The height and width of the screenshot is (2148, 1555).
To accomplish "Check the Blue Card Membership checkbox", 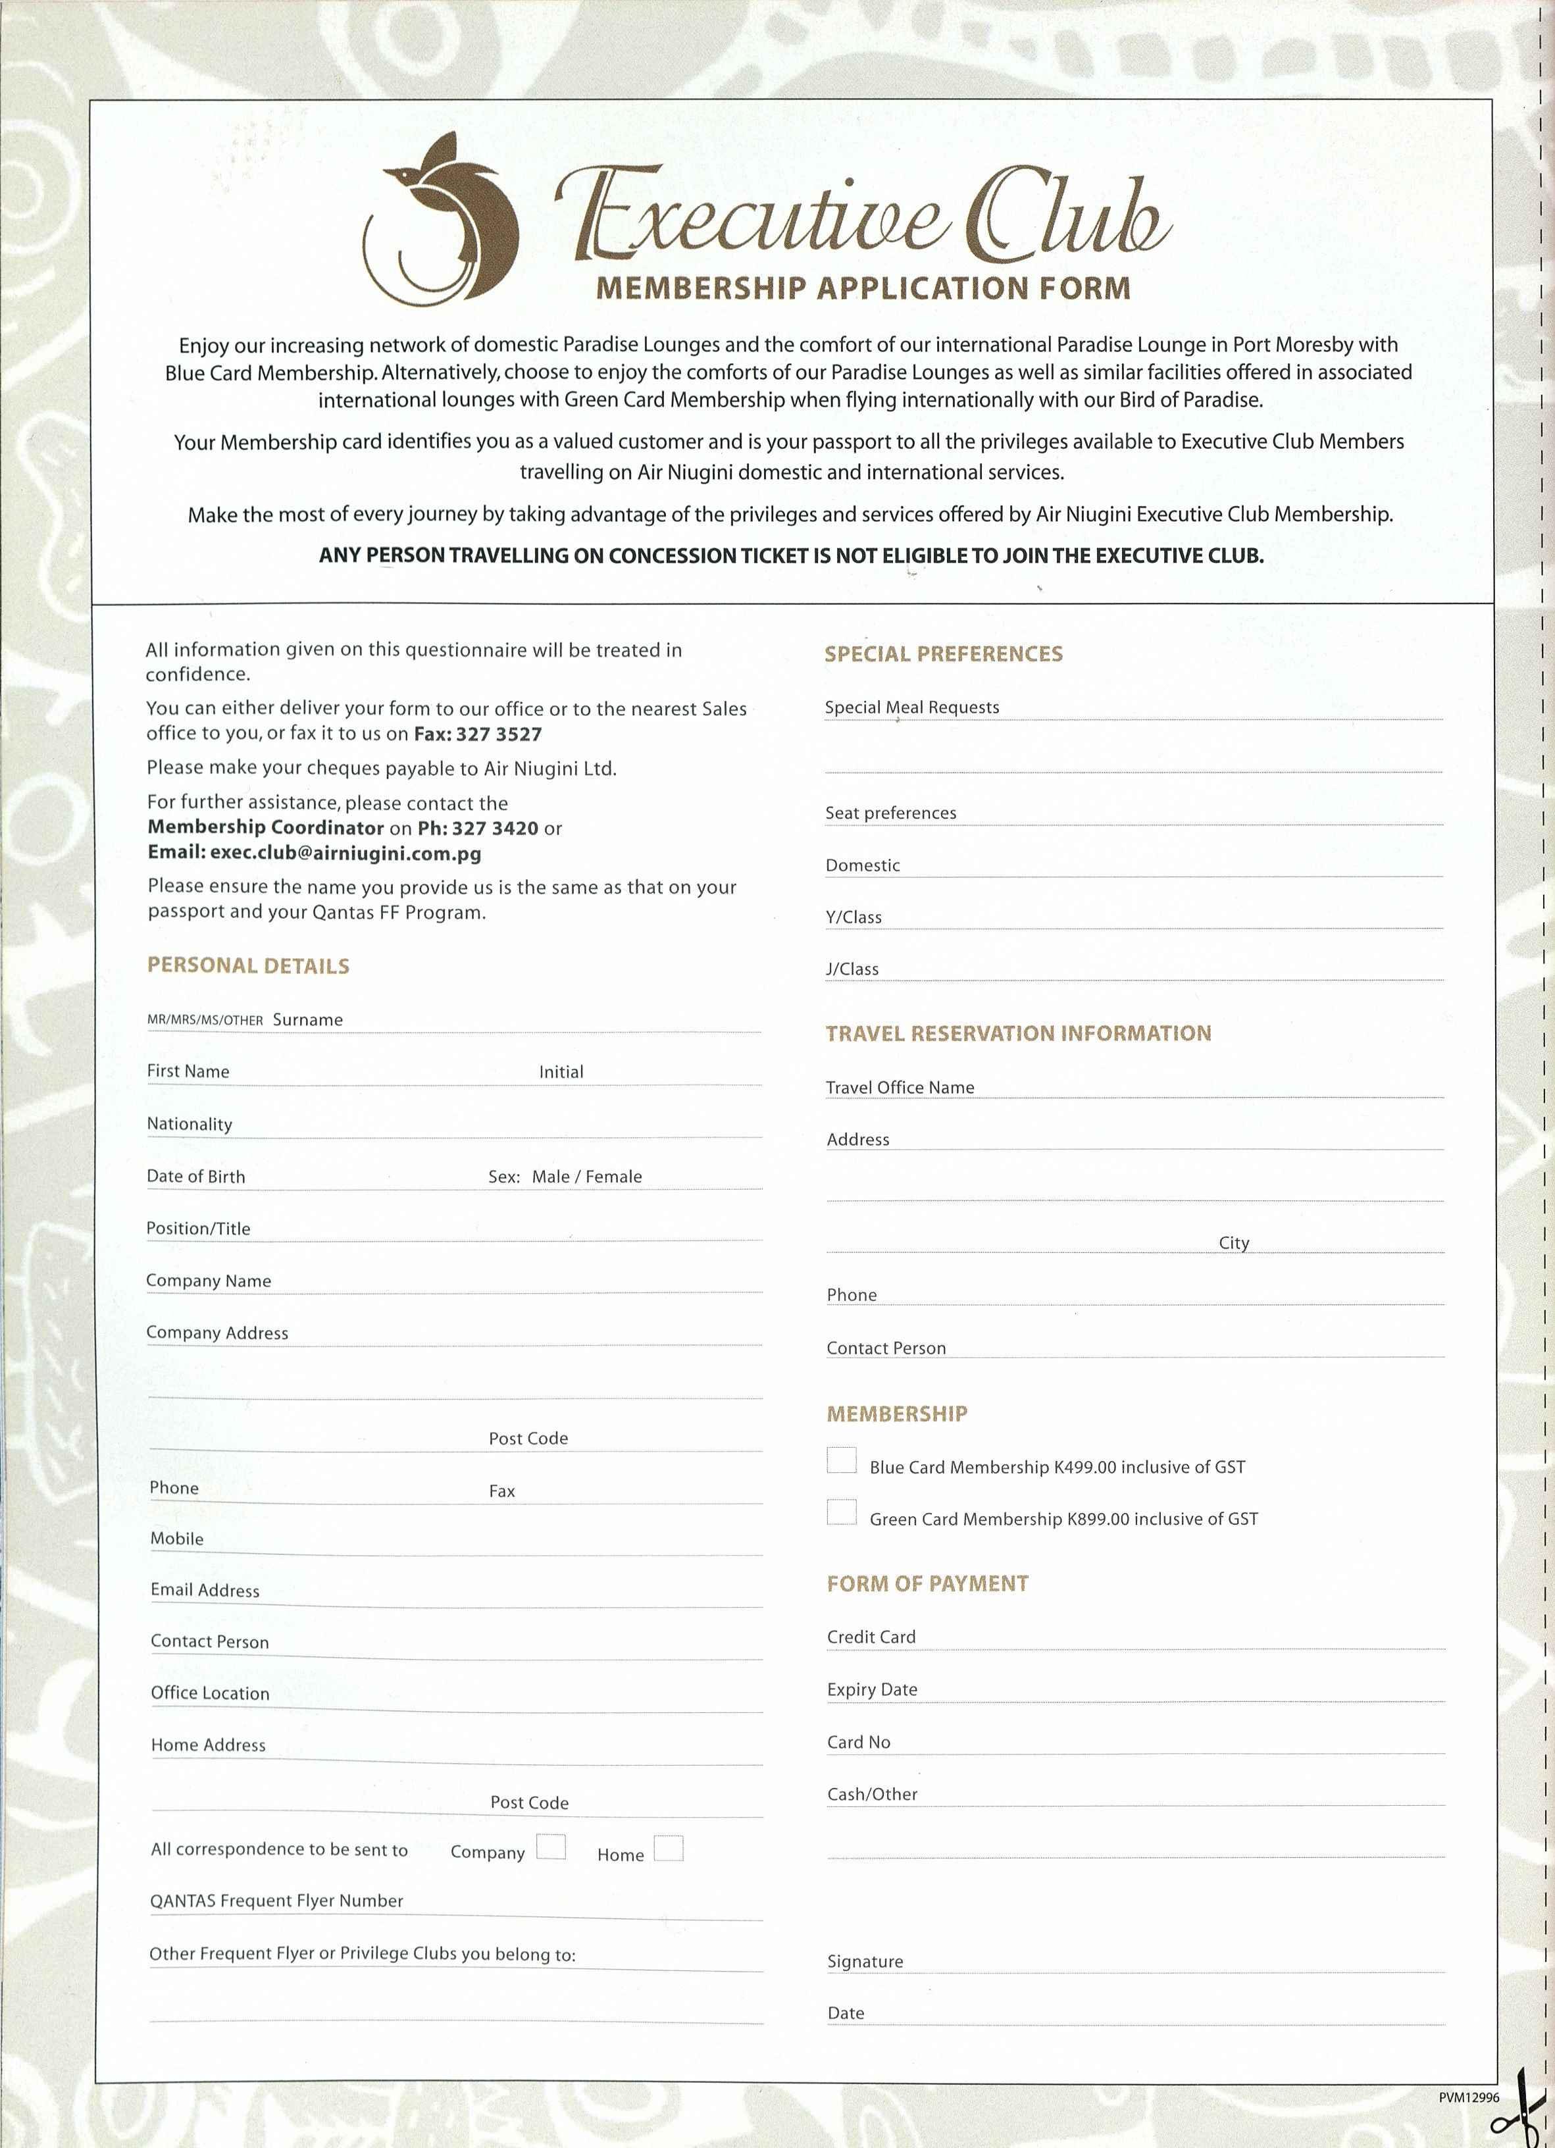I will click(841, 1460).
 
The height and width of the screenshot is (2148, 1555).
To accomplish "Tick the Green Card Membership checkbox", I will click(841, 1512).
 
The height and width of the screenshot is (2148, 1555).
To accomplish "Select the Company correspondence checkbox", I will click(551, 1847).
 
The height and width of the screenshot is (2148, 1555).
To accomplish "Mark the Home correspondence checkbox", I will click(669, 1848).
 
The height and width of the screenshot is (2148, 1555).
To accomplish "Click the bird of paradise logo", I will click(442, 220).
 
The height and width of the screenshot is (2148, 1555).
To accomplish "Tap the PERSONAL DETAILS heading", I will click(248, 966).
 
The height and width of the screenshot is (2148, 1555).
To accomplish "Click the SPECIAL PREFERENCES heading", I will click(943, 653).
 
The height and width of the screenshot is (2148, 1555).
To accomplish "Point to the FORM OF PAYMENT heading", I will click(927, 1583).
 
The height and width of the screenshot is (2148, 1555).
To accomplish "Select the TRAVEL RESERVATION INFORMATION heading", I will click(1018, 1033).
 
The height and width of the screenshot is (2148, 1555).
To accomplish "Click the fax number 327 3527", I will click(498, 734).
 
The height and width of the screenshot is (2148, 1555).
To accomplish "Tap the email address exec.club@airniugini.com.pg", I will click(345, 854).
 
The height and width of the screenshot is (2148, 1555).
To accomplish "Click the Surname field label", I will click(308, 1020).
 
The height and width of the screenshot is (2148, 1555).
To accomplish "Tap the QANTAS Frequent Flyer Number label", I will click(276, 1901).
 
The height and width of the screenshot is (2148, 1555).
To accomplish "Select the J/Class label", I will click(852, 969).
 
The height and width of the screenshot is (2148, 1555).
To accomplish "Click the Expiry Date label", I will click(872, 1689).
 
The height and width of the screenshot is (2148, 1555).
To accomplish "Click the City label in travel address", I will click(1234, 1242).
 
